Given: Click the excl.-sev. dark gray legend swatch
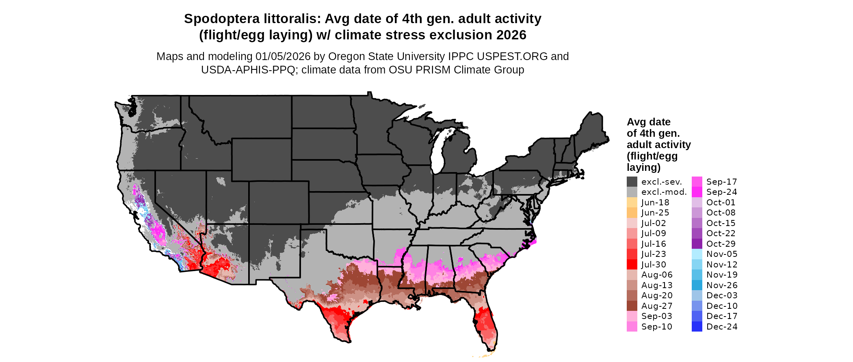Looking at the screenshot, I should (x=632, y=181).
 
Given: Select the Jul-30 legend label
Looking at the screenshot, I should (x=654, y=265).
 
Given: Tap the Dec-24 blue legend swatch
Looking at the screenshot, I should (x=697, y=326).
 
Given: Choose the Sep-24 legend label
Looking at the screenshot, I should (x=721, y=192).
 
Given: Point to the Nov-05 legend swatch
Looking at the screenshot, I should (x=697, y=254).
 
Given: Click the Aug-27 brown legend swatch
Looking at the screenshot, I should (x=632, y=306).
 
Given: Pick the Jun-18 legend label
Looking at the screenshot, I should (x=655, y=203).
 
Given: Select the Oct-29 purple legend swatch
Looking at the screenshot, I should (x=697, y=243).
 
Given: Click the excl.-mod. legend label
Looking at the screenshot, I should (x=664, y=192).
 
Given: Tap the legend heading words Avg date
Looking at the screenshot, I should (x=648, y=122).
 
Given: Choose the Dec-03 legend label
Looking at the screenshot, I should (x=721, y=295).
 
